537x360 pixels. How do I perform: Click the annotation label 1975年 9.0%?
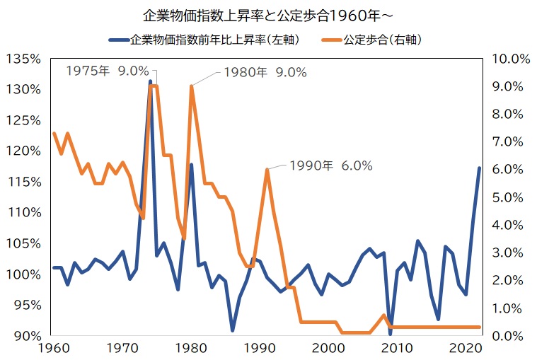coord(107,71)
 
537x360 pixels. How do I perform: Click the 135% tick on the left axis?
coord(23,59)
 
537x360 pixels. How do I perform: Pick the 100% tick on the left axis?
coord(23,274)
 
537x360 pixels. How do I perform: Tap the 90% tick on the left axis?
coord(26,336)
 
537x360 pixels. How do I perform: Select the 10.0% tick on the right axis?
coord(509,59)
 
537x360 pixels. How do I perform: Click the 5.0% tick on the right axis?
coord(512,197)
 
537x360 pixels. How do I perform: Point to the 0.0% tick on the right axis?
coord(512,336)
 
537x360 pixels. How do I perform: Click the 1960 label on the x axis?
coord(54,349)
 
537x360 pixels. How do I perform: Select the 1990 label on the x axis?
coord(260,349)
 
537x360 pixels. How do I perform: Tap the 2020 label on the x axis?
coord(465,349)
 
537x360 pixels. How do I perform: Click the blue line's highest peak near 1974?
coord(150,81)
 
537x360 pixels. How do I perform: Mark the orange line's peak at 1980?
coord(191,86)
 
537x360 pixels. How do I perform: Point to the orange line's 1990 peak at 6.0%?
coord(267,170)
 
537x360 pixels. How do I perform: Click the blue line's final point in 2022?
coord(479,168)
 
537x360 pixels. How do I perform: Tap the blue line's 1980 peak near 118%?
coord(191,165)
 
